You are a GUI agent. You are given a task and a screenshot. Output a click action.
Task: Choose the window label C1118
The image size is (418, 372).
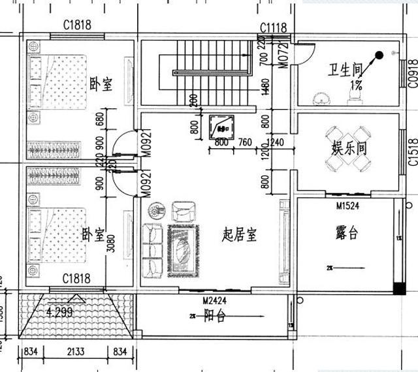click(x=274, y=27)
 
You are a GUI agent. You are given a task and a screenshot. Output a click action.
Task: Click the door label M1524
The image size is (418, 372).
click(x=349, y=206)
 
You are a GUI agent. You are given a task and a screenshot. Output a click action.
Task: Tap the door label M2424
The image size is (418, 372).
click(x=215, y=301)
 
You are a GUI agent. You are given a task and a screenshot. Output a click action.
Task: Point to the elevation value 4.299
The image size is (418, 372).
click(x=60, y=313)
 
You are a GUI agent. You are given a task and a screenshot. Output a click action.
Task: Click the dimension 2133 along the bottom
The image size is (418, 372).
click(x=79, y=353)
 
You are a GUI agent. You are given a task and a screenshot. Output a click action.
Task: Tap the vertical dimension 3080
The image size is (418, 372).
click(x=110, y=240)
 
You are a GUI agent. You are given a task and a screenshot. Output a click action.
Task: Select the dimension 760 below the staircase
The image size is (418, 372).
click(x=245, y=142)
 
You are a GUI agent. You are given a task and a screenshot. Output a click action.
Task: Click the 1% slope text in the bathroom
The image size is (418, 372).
click(x=357, y=85)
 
